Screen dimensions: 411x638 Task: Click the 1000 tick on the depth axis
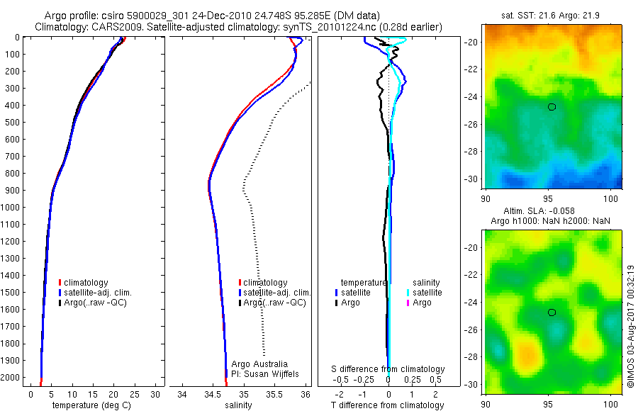click(x=13, y=208)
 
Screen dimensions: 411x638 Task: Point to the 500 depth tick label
click(x=13, y=123)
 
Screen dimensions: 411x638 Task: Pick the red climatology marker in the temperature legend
click(x=60, y=283)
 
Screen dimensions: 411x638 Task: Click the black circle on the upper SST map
click(x=552, y=107)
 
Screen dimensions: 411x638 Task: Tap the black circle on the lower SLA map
click(x=552, y=313)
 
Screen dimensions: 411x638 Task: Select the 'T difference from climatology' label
click(x=388, y=405)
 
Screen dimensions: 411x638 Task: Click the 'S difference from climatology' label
click(x=388, y=369)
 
